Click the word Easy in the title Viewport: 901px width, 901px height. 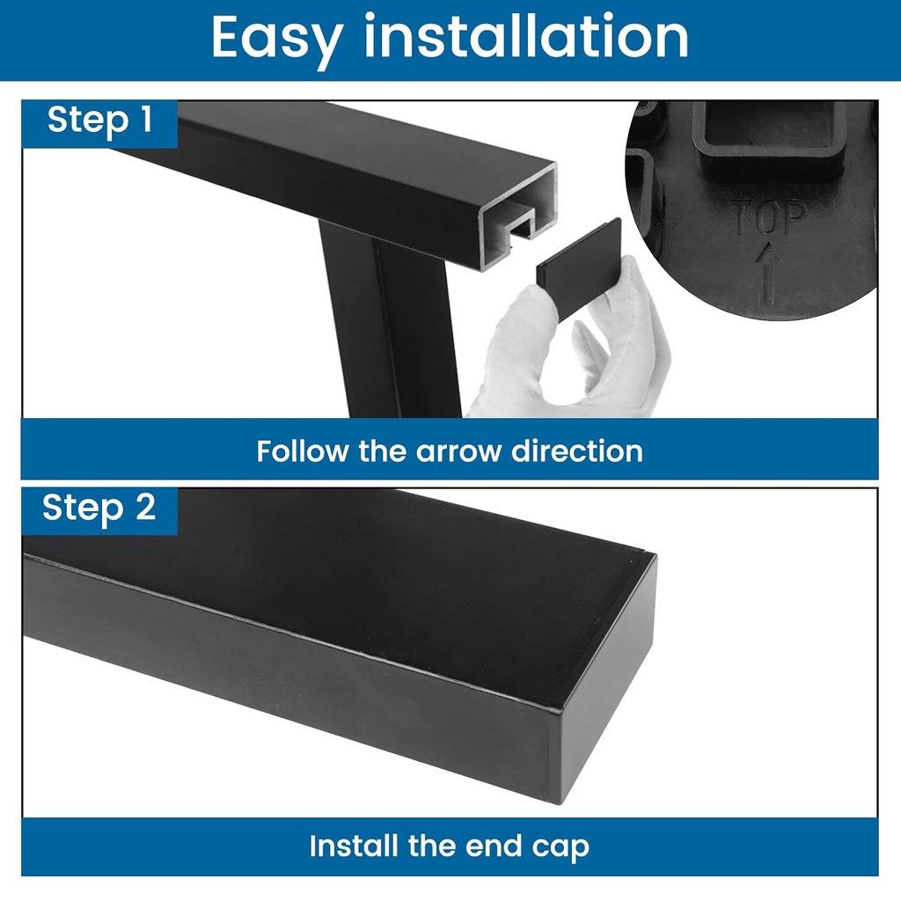pyautogui.click(x=275, y=39)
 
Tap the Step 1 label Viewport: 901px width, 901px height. pyautogui.click(x=100, y=121)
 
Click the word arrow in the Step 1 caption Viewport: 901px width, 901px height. pyautogui.click(x=458, y=451)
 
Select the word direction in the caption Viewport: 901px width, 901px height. pyautogui.click(x=576, y=451)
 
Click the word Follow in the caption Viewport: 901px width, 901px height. pyautogui.click(x=303, y=451)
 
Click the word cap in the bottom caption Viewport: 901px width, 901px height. pyautogui.click(x=560, y=848)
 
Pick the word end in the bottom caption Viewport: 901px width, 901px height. pyautogui.click(x=494, y=846)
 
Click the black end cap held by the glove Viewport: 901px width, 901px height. pyautogui.click(x=579, y=267)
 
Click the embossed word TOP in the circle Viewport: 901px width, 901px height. pyautogui.click(x=769, y=217)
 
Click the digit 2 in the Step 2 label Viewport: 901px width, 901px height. pyautogui.click(x=146, y=507)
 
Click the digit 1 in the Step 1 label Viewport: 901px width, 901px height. pyautogui.click(x=146, y=119)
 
